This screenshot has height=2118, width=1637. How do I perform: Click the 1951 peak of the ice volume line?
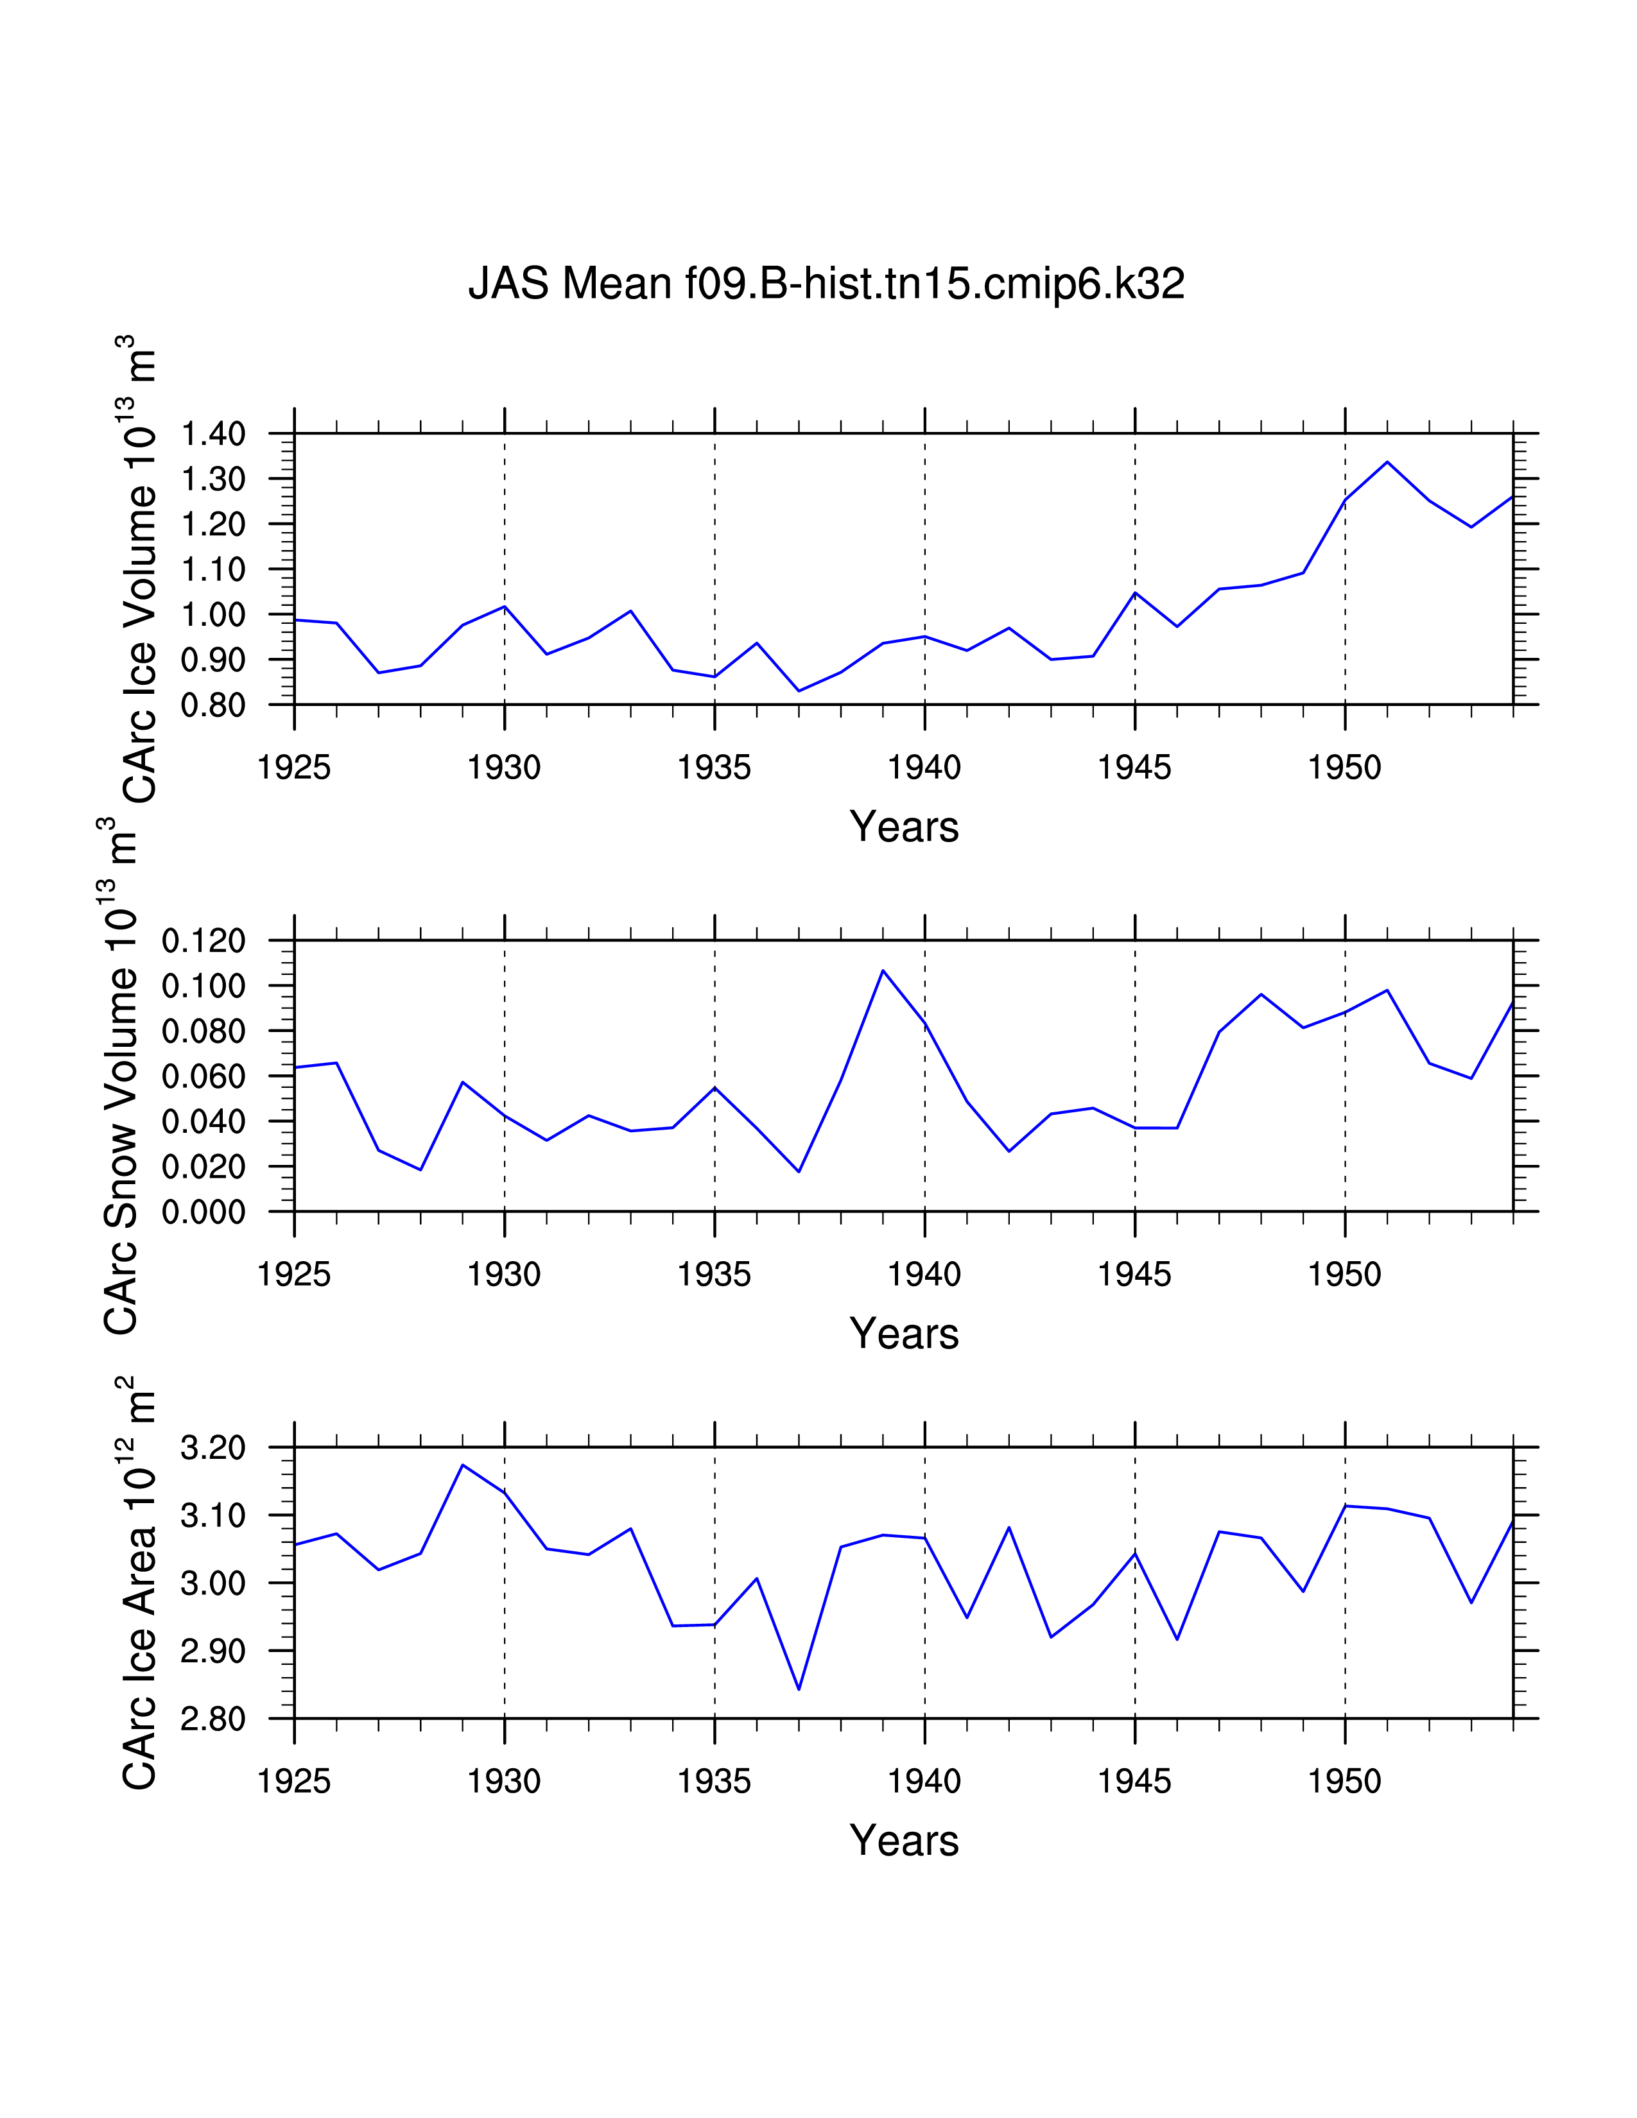point(1387,461)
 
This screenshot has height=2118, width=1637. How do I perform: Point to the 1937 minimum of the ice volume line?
point(798,691)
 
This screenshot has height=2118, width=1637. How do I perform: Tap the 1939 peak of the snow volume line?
point(883,970)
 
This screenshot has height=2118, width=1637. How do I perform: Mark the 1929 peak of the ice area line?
point(463,1465)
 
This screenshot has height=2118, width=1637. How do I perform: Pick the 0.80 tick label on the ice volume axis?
point(213,705)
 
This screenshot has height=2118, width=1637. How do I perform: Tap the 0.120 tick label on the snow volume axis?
point(204,941)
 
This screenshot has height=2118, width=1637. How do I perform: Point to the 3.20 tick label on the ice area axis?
point(213,1448)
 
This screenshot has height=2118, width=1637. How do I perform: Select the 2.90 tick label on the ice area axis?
point(213,1651)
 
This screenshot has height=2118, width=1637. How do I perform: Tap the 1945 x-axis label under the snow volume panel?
point(1134,1274)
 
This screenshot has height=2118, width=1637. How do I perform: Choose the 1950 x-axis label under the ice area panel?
point(1344,1782)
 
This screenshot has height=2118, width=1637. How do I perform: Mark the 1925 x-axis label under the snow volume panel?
point(294,1274)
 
